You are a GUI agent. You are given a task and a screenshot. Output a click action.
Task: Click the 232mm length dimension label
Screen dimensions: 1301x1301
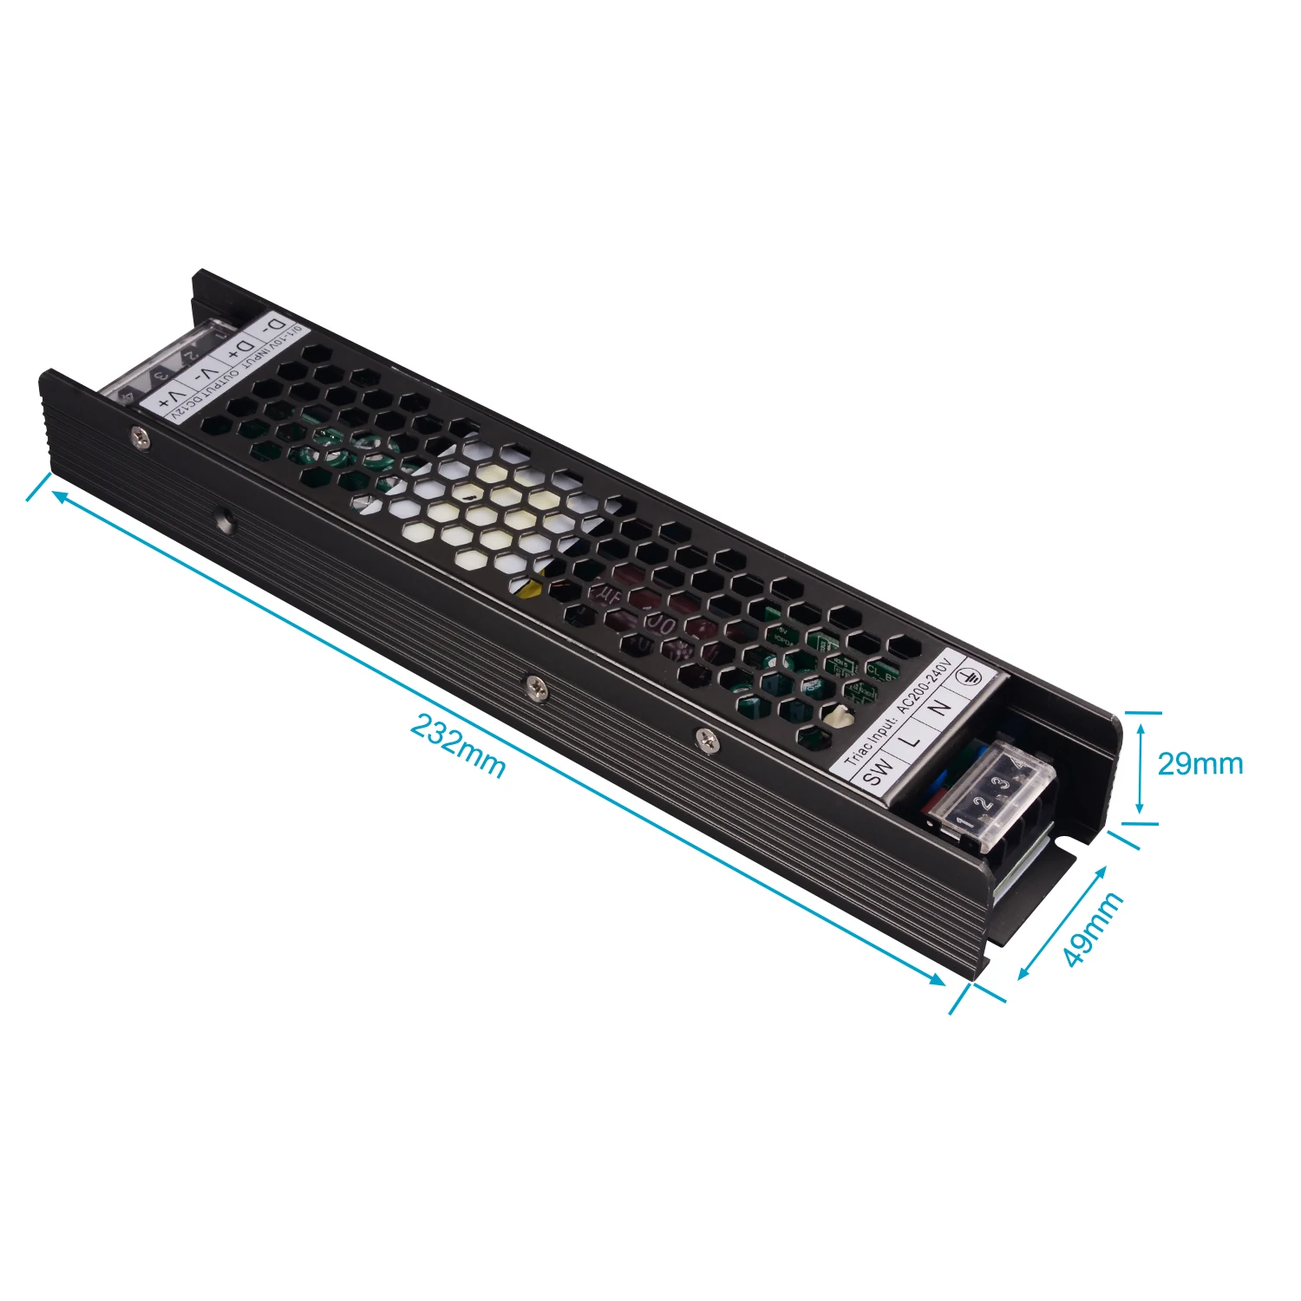click(457, 746)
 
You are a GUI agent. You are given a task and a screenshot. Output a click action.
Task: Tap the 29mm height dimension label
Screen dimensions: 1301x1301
click(1200, 763)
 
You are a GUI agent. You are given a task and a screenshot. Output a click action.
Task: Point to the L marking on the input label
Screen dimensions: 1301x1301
click(911, 741)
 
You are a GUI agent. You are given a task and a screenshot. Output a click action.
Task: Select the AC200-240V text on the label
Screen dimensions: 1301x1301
click(924, 688)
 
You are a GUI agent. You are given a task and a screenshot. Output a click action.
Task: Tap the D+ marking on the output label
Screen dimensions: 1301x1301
click(236, 354)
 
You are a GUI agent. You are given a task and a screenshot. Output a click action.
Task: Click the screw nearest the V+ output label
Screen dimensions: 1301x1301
click(140, 440)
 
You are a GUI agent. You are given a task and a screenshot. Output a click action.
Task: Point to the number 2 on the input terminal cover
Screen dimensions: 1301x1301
click(984, 801)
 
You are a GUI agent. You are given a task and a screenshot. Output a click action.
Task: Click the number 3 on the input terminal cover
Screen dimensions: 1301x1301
click(1003, 784)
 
